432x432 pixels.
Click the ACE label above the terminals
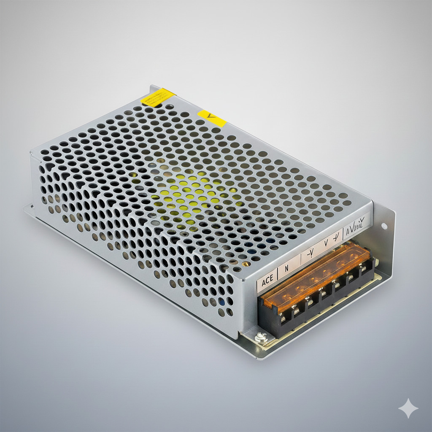[267, 280]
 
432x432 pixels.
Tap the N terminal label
[287, 268]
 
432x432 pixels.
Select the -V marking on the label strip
[310, 253]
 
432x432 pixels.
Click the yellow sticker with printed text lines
[157, 97]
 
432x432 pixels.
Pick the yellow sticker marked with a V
[212, 118]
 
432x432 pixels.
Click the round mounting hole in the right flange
[384, 226]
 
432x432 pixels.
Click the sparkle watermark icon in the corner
[408, 408]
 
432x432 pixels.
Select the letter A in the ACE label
[263, 281]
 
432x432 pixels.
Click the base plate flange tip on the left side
[27, 208]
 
